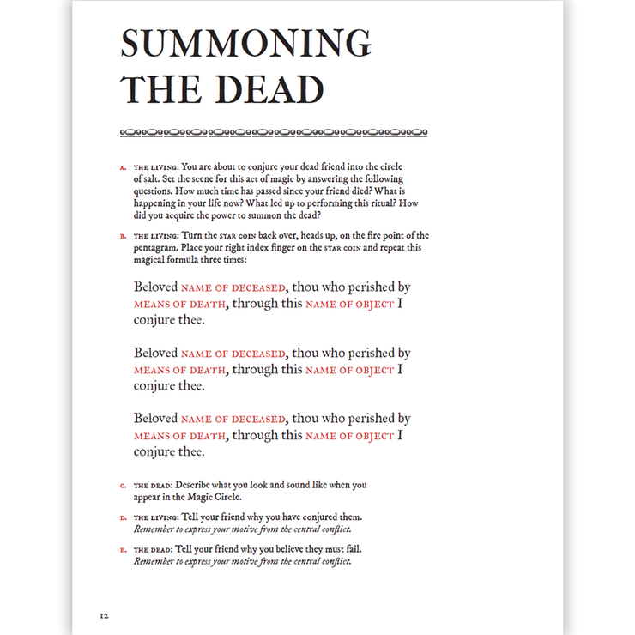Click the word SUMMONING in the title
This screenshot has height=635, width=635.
(246, 45)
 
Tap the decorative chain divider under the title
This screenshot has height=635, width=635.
(273, 133)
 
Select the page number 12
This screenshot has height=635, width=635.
(104, 615)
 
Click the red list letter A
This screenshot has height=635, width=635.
(123, 167)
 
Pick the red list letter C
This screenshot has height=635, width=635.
(123, 487)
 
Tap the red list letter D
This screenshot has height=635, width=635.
(123, 518)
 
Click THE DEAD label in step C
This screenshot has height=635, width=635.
(153, 486)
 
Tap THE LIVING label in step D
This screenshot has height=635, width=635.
(155, 517)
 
